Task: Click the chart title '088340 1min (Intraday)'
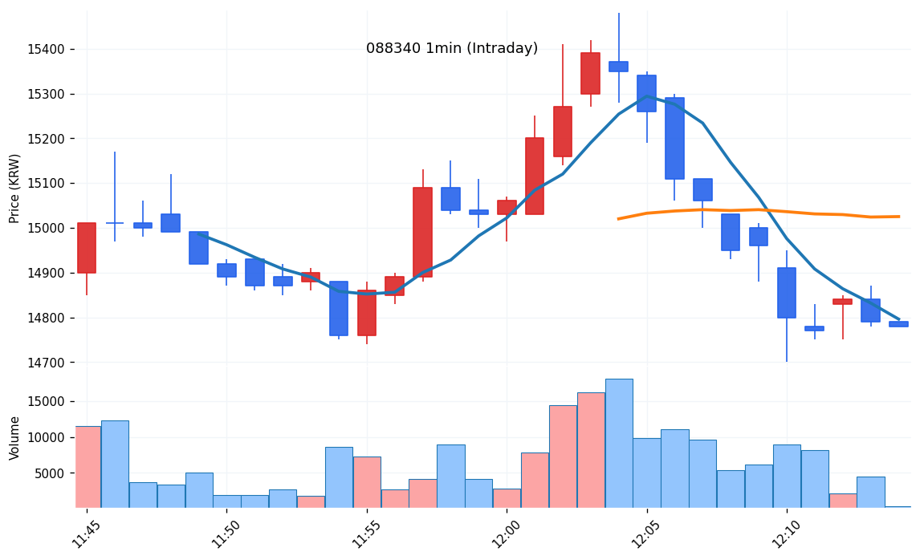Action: [452, 49]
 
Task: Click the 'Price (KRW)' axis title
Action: [14, 188]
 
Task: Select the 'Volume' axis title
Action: [14, 437]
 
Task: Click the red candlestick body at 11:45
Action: [87, 248]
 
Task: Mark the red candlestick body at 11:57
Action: [422, 232]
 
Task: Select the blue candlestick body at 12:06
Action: [674, 138]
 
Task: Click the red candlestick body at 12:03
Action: [590, 73]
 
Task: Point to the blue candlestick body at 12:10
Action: [787, 293]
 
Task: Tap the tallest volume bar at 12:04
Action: [619, 443]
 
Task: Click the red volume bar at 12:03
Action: [591, 449]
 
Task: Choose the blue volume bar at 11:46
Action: [115, 464]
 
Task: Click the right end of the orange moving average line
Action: [899, 217]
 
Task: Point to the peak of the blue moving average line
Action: [647, 96]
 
